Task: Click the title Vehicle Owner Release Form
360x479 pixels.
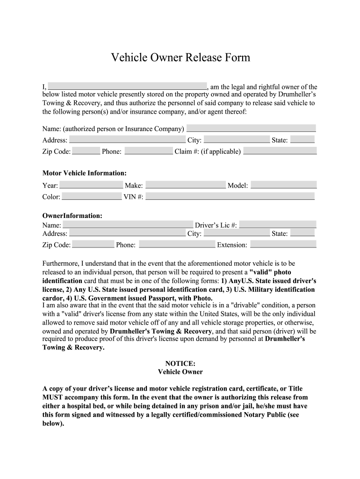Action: pos(180,58)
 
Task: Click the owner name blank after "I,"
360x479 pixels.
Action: pos(127,86)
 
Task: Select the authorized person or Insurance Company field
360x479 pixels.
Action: pos(251,128)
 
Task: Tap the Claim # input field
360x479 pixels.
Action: pos(280,151)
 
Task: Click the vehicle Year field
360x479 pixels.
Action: pos(91,185)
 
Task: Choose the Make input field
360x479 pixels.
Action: pos(185,185)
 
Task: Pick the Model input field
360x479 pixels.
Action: pos(283,185)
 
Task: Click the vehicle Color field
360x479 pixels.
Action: pos(92,196)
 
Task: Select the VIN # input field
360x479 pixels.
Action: pos(230,196)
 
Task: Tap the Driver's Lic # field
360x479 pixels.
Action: pos(278,225)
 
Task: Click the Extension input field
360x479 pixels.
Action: pos(283,244)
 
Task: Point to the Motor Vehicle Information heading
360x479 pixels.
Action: pos(85,173)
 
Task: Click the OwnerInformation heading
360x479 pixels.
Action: pos(72,216)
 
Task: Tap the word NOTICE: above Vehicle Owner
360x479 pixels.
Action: pos(180,363)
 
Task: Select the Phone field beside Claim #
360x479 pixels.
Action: pos(149,151)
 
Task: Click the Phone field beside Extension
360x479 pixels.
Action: pos(177,244)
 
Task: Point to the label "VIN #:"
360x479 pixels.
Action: pos(133,197)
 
